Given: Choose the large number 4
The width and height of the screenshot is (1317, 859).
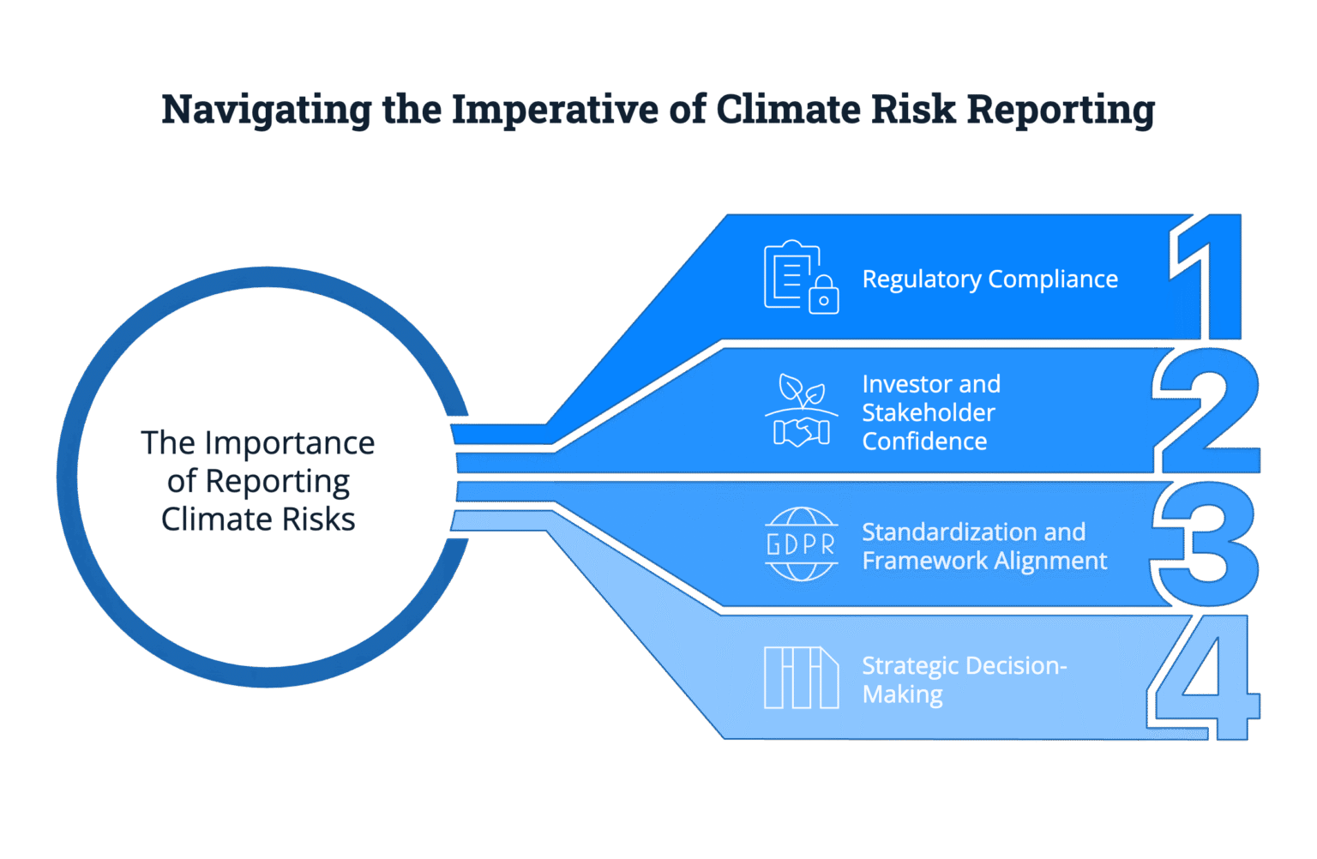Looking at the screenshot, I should point(1204,677).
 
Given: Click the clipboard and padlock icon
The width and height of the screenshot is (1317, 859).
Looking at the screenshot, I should point(801,277).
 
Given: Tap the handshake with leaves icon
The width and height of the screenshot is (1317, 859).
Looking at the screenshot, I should point(801,411).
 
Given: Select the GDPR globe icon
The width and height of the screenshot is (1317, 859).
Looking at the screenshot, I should point(801,544).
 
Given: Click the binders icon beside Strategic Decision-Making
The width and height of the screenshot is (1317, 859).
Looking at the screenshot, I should point(801,677).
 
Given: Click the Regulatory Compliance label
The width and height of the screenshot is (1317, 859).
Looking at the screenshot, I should point(989,279).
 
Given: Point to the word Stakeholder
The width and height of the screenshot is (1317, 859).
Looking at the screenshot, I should point(928,413).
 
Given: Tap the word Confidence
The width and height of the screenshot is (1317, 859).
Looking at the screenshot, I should point(924,442).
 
